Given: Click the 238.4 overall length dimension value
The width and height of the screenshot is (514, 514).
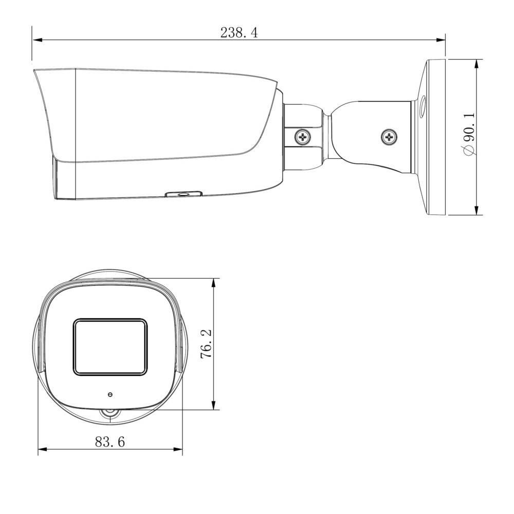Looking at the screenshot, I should coord(238,33).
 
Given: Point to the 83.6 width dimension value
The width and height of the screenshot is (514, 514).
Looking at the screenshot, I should coord(110,442).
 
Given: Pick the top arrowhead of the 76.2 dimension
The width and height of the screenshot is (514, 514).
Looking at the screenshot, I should coord(214,283).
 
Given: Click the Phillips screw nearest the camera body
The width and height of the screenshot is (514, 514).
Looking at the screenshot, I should coord(303,137).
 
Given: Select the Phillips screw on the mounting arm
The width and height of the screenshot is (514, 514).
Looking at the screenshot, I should coord(389,137).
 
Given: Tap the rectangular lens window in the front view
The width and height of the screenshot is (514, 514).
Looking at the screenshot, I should coord(110,347).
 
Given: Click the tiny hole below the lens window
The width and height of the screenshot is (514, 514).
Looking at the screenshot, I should coord(110,395).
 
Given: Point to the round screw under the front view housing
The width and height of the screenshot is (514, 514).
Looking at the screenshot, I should coord(109,414).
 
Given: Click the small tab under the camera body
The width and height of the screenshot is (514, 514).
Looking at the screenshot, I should coord(183,194).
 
